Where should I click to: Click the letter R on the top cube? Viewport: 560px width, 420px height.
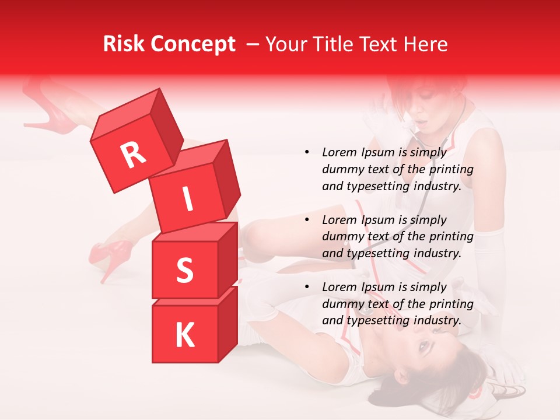133,156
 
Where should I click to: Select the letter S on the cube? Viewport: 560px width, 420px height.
184,270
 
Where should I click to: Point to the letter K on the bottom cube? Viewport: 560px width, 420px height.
184,336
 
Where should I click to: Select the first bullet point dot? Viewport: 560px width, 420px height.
307,152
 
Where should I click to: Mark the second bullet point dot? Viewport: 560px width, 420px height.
307,220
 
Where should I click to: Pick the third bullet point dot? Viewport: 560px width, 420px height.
307,287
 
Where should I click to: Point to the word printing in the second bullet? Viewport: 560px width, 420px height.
451,237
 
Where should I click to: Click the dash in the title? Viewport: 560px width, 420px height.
253,44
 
